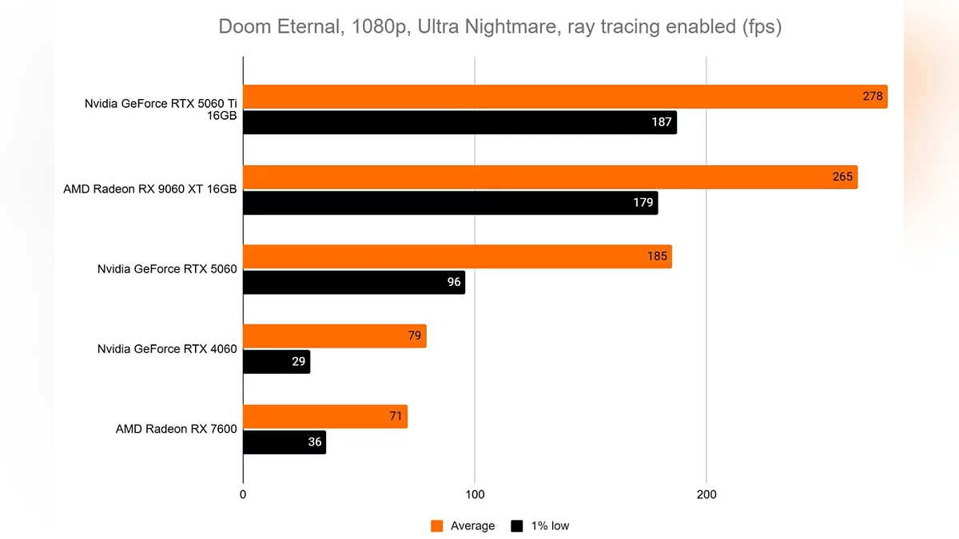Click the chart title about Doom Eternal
pyautogui.click(x=499, y=27)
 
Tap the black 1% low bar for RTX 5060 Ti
pyautogui.click(x=460, y=122)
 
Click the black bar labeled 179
pyautogui.click(x=450, y=203)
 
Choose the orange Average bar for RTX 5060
pyautogui.click(x=457, y=257)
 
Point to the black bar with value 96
pyautogui.click(x=353, y=283)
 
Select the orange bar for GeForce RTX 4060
pyautogui.click(x=334, y=336)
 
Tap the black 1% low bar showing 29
pyautogui.click(x=276, y=362)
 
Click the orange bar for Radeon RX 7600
pyautogui.click(x=324, y=417)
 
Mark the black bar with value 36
pyautogui.click(x=284, y=442)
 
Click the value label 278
pyautogui.click(x=873, y=97)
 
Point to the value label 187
pyautogui.click(x=662, y=122)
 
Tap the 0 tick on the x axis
pyautogui.click(x=243, y=495)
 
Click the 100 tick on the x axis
pyautogui.click(x=475, y=495)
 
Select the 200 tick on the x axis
pyautogui.click(x=706, y=495)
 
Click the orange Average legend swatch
pyautogui.click(x=436, y=526)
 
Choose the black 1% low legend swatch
pyautogui.click(x=517, y=526)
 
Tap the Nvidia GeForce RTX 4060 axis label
pyautogui.click(x=167, y=349)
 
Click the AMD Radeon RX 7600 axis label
pyautogui.click(x=176, y=430)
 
